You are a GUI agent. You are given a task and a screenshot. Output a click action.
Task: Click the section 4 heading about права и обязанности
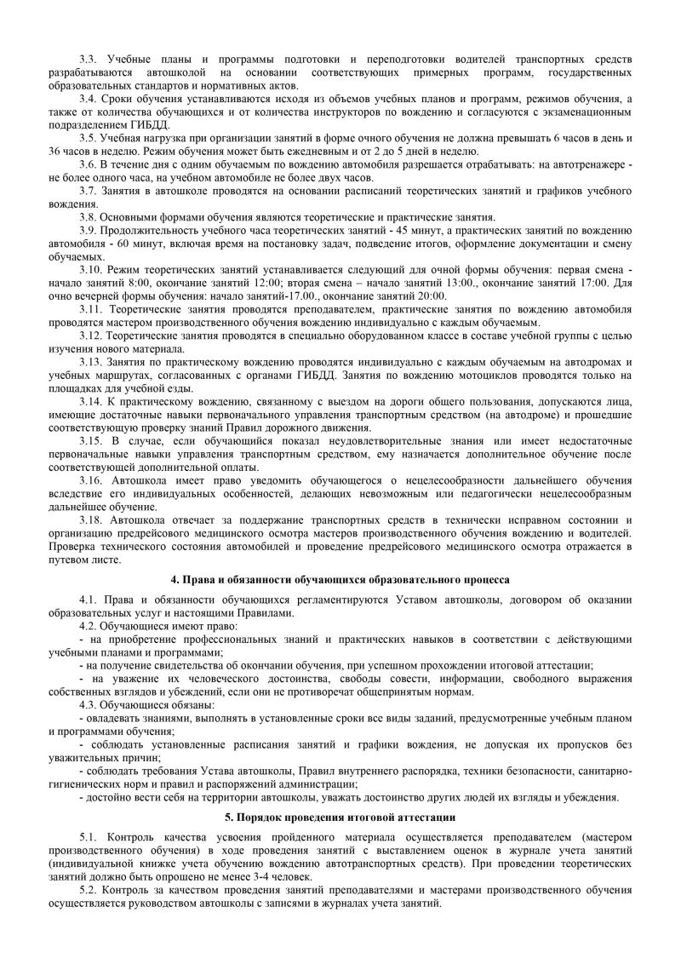pos(340,579)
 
